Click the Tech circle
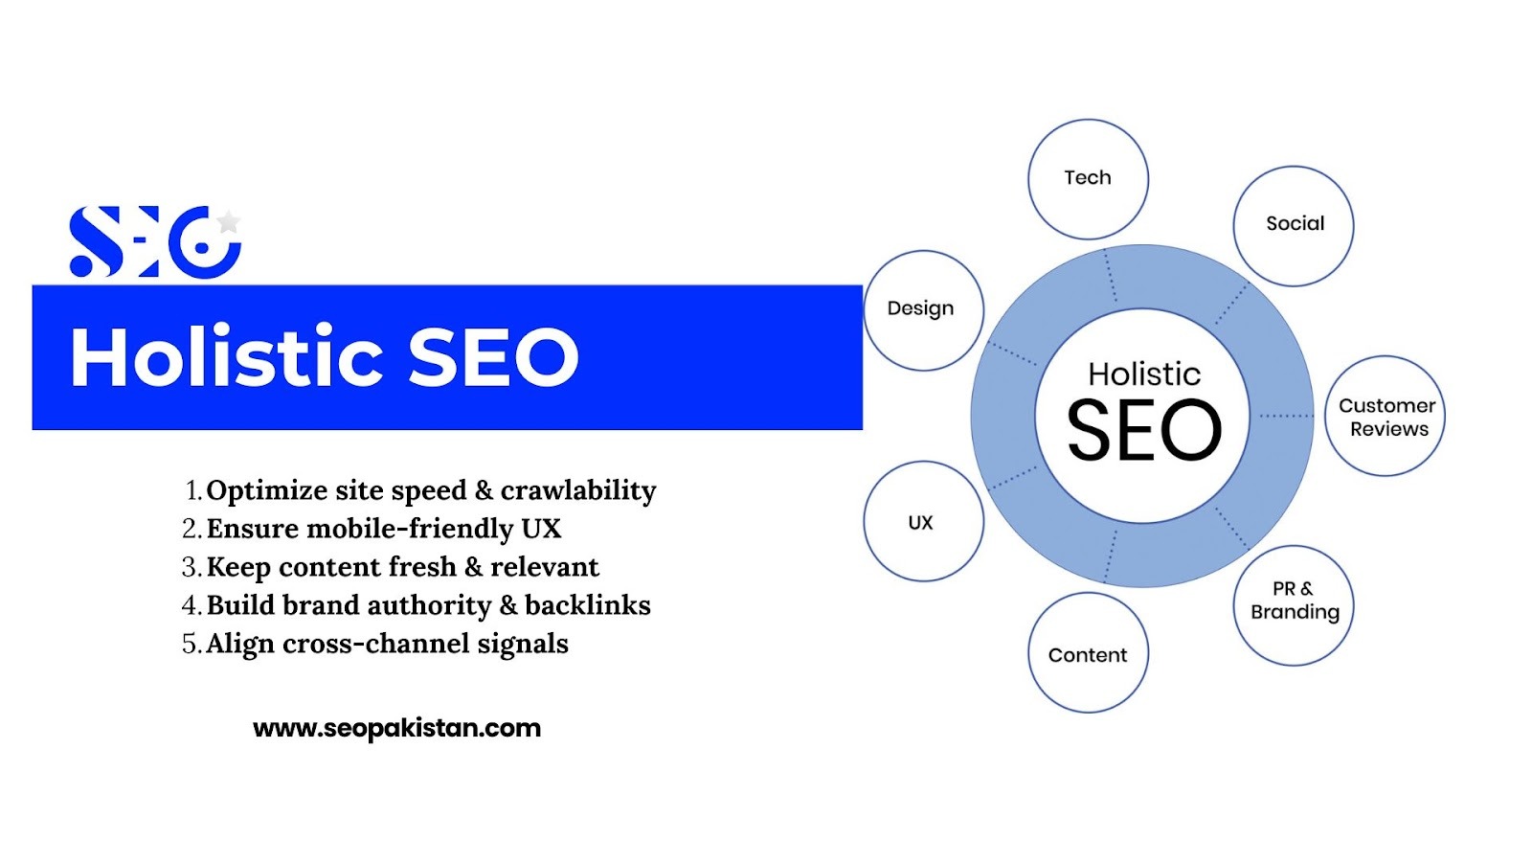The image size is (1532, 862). click(x=1088, y=179)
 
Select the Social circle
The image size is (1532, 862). click(x=1294, y=226)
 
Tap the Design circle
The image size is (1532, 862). click(x=924, y=310)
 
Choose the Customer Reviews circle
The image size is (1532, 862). click(x=1386, y=416)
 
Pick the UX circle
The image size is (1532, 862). click(x=924, y=521)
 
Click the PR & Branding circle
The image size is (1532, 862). click(x=1294, y=605)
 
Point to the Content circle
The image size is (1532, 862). click(x=1088, y=652)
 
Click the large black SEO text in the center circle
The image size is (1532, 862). click(x=1144, y=430)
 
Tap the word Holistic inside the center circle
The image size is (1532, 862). click(x=1144, y=374)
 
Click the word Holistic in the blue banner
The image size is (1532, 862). click(x=226, y=356)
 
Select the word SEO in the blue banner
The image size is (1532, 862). click(x=493, y=356)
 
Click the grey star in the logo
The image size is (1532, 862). click(x=229, y=221)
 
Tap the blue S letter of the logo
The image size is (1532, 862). click(x=97, y=241)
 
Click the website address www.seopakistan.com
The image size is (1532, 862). click(x=396, y=728)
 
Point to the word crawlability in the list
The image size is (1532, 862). click(x=578, y=490)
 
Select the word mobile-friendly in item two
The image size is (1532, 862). click(x=410, y=529)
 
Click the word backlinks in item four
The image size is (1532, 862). click(x=588, y=604)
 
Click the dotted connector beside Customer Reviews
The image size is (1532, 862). click(x=1286, y=416)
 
